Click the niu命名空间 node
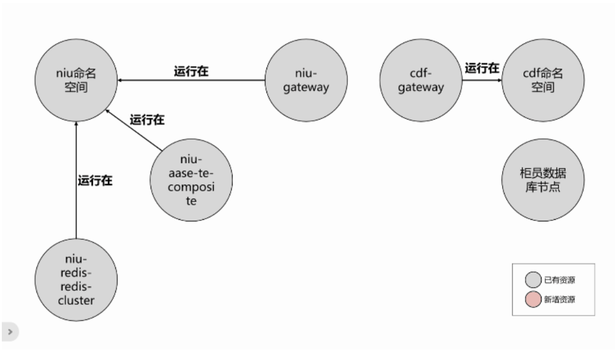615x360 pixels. (x=76, y=80)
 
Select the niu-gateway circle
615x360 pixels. (x=306, y=80)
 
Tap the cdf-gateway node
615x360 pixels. (x=421, y=80)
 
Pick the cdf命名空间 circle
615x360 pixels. (x=543, y=80)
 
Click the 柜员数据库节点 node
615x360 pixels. (x=543, y=180)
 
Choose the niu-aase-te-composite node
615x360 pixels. (x=191, y=180)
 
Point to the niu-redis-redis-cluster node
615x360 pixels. (x=76, y=280)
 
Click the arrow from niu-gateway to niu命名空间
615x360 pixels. (x=191, y=80)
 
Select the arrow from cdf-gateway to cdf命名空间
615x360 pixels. (x=482, y=80)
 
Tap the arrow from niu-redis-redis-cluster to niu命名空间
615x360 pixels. (x=76, y=180)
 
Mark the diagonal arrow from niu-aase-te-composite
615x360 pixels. (x=134, y=130)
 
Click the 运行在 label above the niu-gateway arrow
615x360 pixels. (x=191, y=72)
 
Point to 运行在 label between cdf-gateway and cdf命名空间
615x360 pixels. (x=482, y=68)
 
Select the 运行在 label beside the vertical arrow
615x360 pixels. (x=95, y=180)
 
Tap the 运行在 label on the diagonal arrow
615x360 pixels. (x=147, y=120)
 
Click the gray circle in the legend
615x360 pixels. (x=533, y=280)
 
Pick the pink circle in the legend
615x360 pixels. (x=533, y=300)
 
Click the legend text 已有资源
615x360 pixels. (x=559, y=280)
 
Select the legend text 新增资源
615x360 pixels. (x=559, y=300)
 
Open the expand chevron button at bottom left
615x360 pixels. (x=10, y=331)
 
